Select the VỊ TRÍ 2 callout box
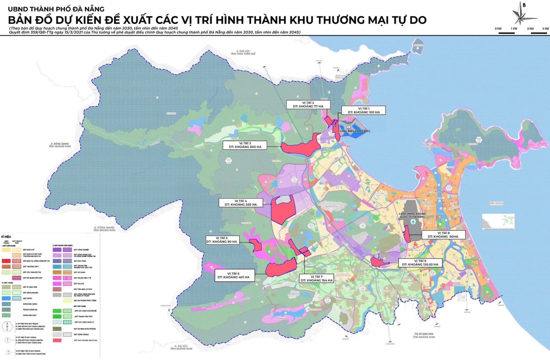coord(308,104)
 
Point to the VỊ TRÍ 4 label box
coord(240,203)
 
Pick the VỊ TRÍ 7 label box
coord(318,279)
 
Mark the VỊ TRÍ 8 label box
coord(443,235)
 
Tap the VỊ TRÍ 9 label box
coord(420,262)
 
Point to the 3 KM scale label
coord(545,29)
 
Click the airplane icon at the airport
coord(413,222)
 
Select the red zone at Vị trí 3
coord(300,146)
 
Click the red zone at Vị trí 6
coord(280,267)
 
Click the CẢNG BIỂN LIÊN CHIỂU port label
coord(354,131)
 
